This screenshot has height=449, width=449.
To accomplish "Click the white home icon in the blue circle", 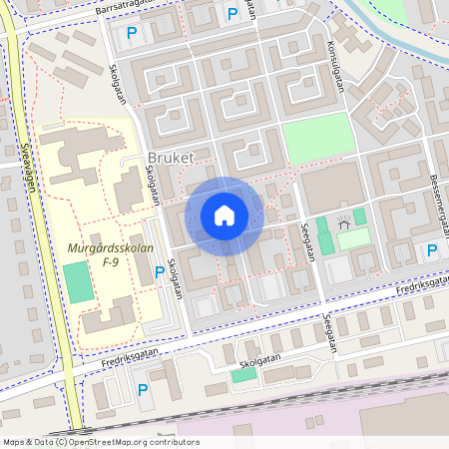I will click(x=224, y=216).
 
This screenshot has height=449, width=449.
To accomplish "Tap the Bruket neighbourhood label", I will click(x=170, y=159).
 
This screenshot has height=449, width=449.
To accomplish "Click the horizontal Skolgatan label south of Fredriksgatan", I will click(x=261, y=357).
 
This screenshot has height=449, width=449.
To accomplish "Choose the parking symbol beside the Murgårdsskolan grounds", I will click(x=160, y=271).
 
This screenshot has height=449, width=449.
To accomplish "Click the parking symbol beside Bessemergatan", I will click(x=431, y=250).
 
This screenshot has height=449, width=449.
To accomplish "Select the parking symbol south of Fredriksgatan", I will click(x=143, y=390).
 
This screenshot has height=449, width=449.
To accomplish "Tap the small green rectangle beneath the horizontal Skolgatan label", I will click(x=243, y=374).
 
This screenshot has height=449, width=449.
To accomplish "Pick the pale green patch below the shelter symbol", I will click(x=352, y=239).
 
